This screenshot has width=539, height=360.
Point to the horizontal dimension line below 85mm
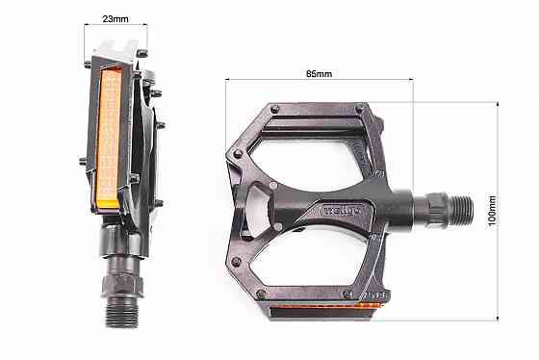tap(319, 81)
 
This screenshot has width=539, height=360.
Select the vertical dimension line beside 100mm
tap(501, 207)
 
